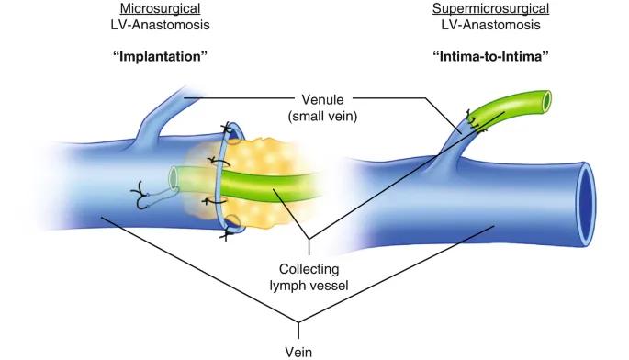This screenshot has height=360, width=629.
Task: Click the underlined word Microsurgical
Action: click(x=160, y=8)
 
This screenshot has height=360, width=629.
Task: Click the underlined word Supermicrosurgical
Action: click(x=490, y=8)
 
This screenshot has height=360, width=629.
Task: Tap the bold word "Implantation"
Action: click(x=160, y=56)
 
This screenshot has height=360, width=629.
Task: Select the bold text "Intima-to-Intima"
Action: click(x=490, y=56)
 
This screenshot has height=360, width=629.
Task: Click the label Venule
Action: click(x=322, y=99)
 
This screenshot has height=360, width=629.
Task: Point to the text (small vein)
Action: click(x=322, y=116)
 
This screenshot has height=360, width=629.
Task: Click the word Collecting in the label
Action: click(x=309, y=269)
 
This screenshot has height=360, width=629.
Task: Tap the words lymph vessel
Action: click(x=309, y=286)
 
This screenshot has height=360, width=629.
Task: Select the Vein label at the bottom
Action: click(x=298, y=352)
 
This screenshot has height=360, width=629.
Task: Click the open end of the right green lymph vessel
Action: click(x=546, y=100)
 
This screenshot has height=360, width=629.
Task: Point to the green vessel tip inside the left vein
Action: click(x=174, y=177)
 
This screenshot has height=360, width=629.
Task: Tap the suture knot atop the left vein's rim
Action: click(x=227, y=129)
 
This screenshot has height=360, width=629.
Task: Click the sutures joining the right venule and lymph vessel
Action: click(x=475, y=121)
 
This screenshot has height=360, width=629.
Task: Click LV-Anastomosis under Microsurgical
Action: click(x=160, y=25)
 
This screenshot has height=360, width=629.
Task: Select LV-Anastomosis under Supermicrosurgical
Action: click(x=490, y=25)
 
